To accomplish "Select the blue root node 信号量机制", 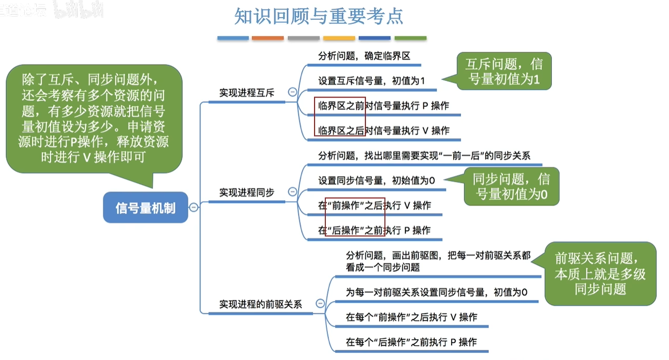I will click(x=146, y=208).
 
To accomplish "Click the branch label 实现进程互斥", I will click(x=246, y=93).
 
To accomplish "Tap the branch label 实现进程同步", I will click(x=246, y=192).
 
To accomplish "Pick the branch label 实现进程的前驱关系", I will click(x=260, y=304).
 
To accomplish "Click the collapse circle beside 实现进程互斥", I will click(x=292, y=92).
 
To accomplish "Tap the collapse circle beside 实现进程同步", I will click(x=292, y=192).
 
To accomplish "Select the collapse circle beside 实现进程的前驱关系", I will click(x=320, y=303).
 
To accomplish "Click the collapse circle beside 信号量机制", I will click(x=193, y=207).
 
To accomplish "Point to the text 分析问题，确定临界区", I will click(x=364, y=56).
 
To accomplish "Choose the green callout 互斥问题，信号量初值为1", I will click(x=504, y=72).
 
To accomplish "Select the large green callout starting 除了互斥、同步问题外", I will click(x=94, y=118).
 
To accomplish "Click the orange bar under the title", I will click(x=267, y=38).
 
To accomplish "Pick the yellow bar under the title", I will click(x=339, y=38).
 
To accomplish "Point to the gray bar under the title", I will click(x=303, y=38).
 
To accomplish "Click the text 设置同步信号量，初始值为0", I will click(x=377, y=180).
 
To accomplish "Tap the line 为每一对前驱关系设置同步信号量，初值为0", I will click(x=436, y=292).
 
